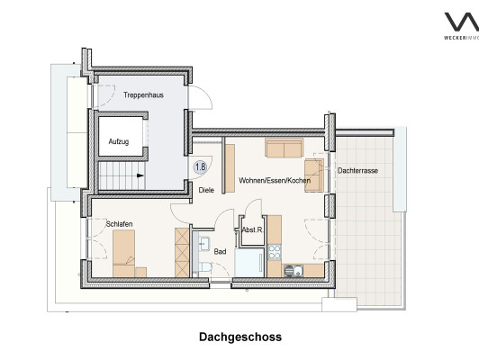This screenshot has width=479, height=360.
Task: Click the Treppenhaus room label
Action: [x=143, y=95]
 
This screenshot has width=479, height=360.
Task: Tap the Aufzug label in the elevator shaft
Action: [x=119, y=141]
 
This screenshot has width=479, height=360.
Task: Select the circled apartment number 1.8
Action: [x=201, y=166]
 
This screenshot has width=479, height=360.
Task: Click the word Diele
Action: [x=206, y=190]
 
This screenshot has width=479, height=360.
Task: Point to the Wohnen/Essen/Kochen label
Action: [x=275, y=180]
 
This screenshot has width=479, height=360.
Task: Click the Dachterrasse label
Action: [x=357, y=170]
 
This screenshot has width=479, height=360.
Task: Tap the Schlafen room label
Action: [x=119, y=224]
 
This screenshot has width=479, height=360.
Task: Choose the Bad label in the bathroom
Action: [x=220, y=251]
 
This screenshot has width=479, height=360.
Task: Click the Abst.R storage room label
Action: [x=252, y=229]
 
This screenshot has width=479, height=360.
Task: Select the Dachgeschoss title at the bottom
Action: [x=240, y=337]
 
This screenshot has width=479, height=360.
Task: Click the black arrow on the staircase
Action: [x=140, y=175]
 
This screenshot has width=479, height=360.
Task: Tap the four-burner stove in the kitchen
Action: [x=275, y=252]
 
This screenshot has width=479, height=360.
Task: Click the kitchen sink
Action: [x=294, y=271]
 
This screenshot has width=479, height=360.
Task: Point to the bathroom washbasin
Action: [x=204, y=243]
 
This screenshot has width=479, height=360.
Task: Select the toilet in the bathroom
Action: [x=205, y=267]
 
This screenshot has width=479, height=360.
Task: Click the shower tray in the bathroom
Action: [x=249, y=263]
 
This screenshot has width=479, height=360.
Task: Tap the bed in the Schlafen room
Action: [x=123, y=254]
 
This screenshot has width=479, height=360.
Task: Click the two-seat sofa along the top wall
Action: [x=285, y=148]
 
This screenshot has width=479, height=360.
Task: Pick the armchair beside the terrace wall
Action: [x=314, y=175]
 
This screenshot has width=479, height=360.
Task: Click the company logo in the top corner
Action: [x=462, y=25]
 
